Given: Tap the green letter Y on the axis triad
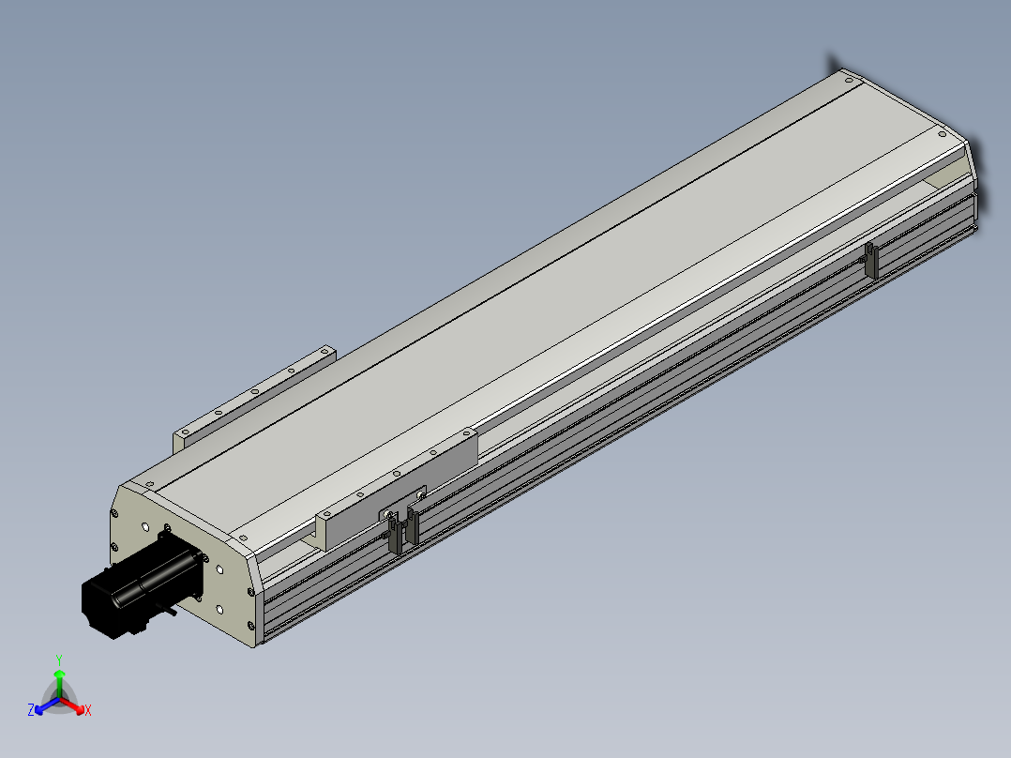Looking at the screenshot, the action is pos(59,659).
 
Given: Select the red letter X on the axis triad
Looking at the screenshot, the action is pos(88,710).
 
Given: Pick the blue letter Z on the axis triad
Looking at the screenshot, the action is pos(31,709).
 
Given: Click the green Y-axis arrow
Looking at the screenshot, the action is pos(59,684).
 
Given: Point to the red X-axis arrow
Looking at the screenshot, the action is pos(72,705).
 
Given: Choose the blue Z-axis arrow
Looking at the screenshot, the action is pos(47,705).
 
